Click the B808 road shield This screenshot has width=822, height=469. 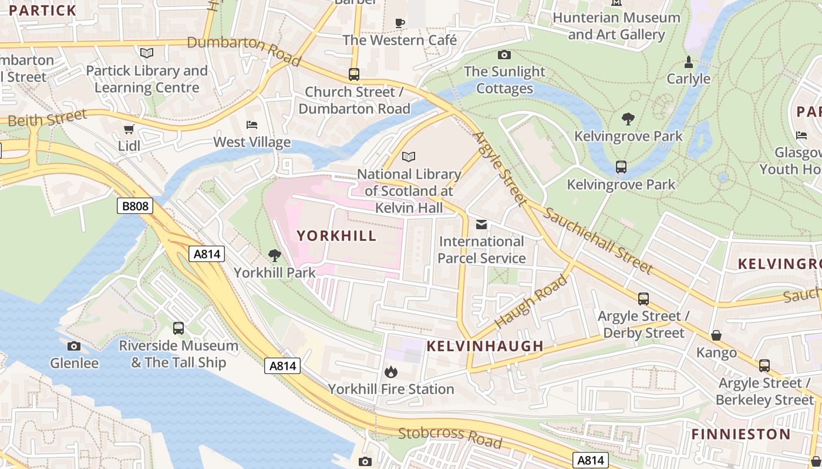click(x=135, y=206)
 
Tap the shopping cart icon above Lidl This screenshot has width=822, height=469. click(x=129, y=129)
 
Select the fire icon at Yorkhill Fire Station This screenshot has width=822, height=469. click(x=391, y=372)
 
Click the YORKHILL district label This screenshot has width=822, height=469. click(x=336, y=236)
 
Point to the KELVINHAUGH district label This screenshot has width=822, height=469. click(x=485, y=346)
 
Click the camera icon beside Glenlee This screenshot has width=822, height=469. click(x=74, y=346)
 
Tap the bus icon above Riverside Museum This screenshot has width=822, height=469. click(x=178, y=328)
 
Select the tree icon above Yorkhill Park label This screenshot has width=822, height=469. click(x=274, y=256)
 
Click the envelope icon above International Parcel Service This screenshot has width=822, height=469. click(x=481, y=225)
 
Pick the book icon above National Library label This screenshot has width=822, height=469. click(x=409, y=157)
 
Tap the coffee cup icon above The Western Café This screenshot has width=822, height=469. click(x=400, y=23)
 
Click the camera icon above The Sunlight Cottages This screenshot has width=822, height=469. click(x=504, y=55)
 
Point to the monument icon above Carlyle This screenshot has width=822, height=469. click(x=689, y=62)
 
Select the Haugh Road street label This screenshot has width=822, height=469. click(x=531, y=301)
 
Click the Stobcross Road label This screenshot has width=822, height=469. click(x=450, y=437)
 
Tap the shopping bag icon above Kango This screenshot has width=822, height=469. click(x=716, y=335)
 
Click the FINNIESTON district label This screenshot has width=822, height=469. click(x=741, y=434)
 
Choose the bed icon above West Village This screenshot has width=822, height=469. click(x=252, y=125)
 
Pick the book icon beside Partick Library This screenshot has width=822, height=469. click(x=147, y=53)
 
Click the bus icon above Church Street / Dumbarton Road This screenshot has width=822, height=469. click(x=353, y=74)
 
